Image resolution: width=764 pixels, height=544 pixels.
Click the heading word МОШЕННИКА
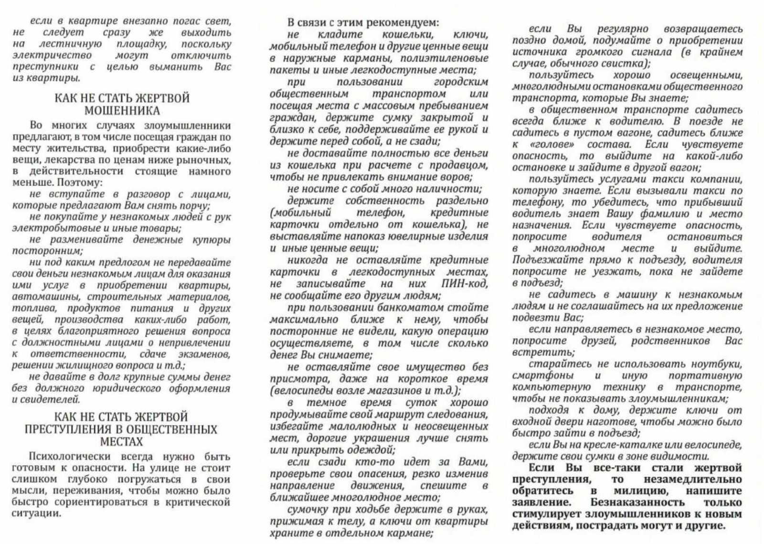click(x=122, y=111)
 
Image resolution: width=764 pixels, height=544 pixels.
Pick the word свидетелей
click(x=53, y=400)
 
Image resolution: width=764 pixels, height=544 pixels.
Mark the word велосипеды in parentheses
click(x=302, y=391)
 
